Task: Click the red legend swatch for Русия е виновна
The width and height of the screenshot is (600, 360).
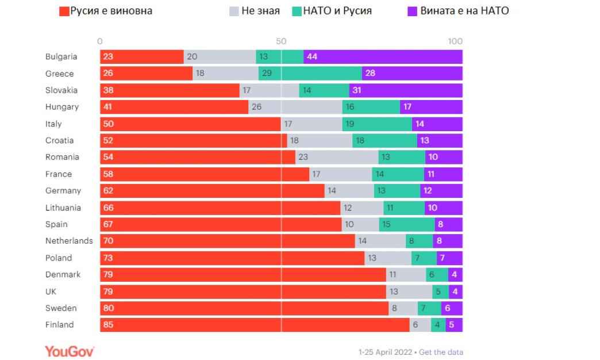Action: coord(64,11)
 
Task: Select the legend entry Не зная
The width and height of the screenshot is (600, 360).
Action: coord(254,11)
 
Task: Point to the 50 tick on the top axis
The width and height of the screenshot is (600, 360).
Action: coord(281,41)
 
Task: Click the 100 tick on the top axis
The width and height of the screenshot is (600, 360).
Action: coord(455,41)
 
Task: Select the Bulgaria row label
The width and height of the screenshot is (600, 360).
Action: coord(61,57)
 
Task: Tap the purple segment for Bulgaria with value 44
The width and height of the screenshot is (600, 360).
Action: coord(383,57)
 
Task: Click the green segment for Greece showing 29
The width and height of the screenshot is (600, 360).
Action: coord(310,74)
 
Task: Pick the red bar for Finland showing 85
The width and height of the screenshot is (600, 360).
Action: coord(254,325)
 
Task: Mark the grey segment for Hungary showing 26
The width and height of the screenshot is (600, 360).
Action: coord(295,107)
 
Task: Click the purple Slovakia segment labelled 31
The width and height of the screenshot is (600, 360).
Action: coord(406,90)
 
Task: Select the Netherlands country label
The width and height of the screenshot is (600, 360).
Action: coord(69,241)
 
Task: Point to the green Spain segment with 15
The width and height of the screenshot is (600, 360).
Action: coord(407,224)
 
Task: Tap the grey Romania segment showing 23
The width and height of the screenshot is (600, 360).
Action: coord(337,157)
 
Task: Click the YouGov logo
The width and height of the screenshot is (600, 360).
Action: coord(70,351)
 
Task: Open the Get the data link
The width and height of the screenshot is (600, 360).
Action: coord(441,352)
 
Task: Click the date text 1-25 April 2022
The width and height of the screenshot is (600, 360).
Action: coord(385,352)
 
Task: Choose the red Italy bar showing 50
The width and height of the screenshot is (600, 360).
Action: coord(190,124)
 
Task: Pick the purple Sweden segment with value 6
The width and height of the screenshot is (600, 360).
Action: coord(452,308)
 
